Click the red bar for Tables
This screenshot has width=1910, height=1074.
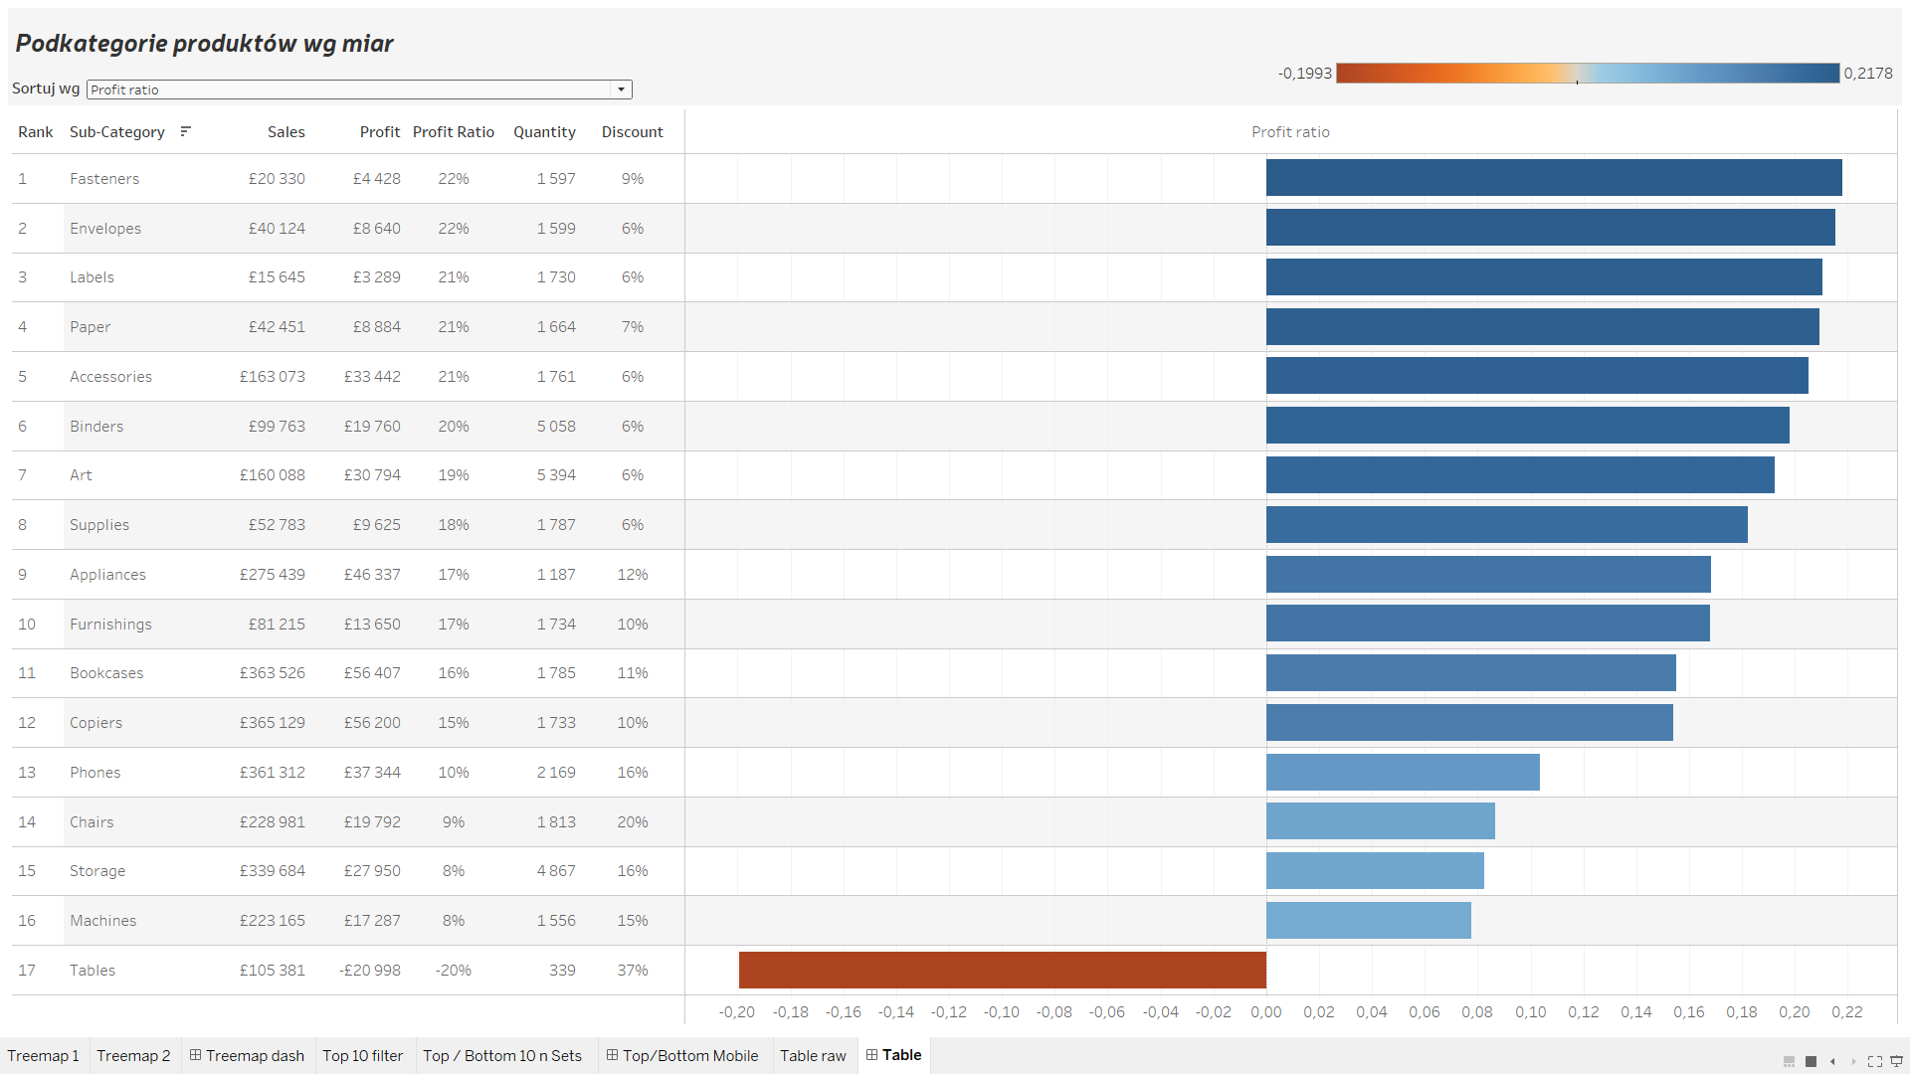point(1002,970)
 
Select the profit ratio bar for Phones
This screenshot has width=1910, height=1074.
point(1403,772)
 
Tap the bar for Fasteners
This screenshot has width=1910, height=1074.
point(1553,178)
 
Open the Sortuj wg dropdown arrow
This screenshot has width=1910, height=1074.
point(621,89)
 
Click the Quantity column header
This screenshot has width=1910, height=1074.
point(544,132)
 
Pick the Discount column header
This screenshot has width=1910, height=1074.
point(632,132)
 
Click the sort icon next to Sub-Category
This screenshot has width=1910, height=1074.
point(185,131)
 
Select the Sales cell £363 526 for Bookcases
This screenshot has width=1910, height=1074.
point(272,673)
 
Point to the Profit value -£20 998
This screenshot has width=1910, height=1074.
point(369,971)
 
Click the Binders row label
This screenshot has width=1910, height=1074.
point(96,427)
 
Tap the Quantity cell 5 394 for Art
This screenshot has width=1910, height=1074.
point(556,475)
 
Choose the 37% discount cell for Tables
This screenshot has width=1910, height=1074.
point(632,971)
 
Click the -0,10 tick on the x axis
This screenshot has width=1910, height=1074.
point(1001,1012)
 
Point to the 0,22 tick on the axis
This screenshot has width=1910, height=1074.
point(1846,1012)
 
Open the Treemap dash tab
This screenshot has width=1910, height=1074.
point(247,1056)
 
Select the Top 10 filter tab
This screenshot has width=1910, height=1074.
point(362,1056)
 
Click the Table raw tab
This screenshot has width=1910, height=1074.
point(813,1056)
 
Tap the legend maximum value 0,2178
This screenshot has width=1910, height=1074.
point(1867,74)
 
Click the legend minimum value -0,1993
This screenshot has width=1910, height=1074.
point(1304,74)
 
